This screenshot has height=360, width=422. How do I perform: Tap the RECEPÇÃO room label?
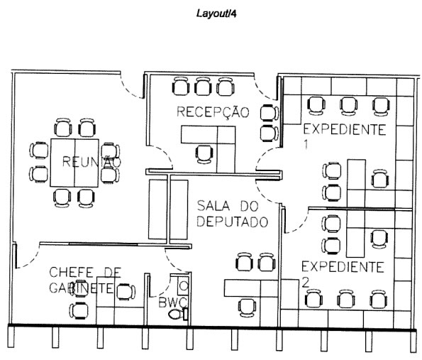213,112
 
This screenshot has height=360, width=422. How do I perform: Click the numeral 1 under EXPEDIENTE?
306,144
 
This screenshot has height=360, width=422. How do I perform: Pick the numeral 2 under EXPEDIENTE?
306,281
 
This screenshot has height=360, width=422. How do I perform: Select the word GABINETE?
82,288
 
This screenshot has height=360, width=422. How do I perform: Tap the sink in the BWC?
184,285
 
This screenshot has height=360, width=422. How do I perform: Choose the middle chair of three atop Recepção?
204,87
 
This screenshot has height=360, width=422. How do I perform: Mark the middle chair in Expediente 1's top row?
348,105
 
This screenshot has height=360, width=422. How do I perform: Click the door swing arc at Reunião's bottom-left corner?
27,257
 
